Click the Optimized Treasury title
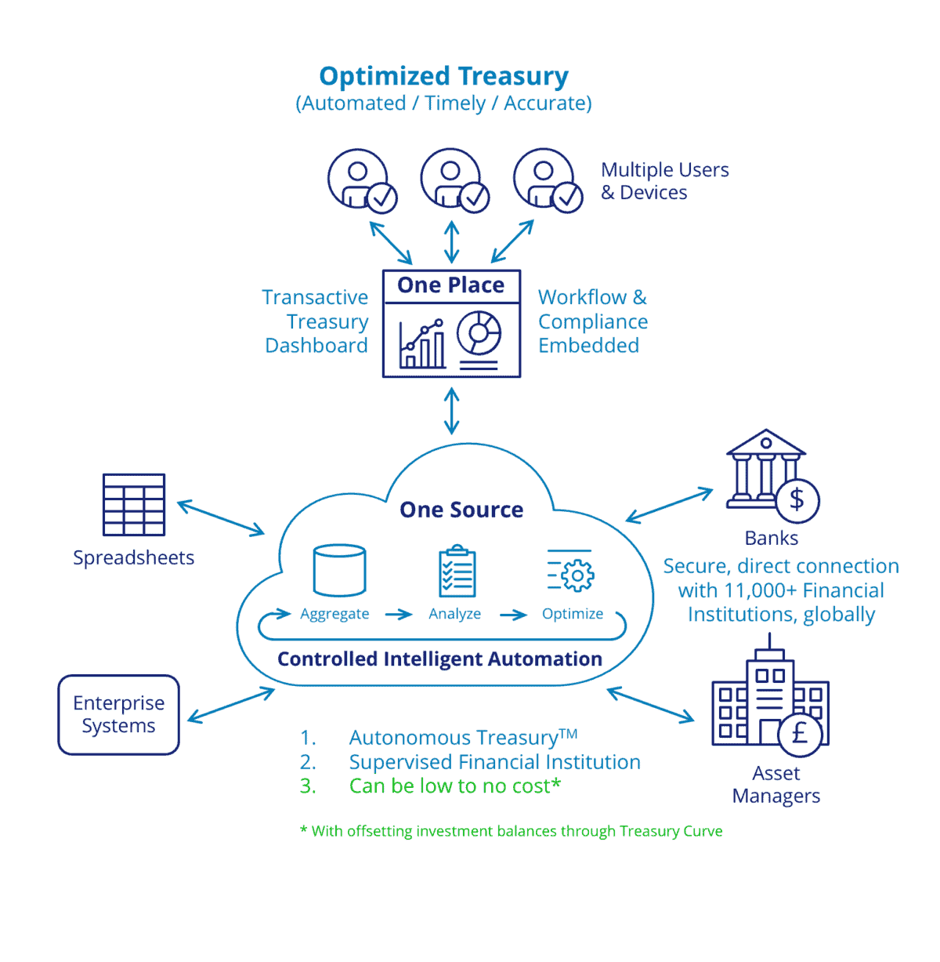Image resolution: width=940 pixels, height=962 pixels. tap(443, 76)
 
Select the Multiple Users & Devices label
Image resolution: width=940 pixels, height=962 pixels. tap(664, 181)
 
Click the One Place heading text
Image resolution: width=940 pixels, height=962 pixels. tap(450, 285)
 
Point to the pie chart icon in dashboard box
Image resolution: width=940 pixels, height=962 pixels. tap(479, 332)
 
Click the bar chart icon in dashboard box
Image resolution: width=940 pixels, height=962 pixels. tap(422, 345)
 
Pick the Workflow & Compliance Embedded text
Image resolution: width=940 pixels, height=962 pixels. tap(592, 321)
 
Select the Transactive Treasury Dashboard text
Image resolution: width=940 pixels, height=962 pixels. tap(316, 321)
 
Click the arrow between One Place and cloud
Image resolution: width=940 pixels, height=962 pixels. tap(452, 411)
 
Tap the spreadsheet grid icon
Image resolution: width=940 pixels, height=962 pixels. tap(134, 505)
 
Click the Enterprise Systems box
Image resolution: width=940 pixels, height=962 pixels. tap(119, 714)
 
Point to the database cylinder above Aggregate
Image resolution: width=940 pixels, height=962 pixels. tap(339, 571)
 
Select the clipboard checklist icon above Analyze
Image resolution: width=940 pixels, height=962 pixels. tap(457, 572)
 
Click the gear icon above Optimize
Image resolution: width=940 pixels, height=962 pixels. tap(577, 575)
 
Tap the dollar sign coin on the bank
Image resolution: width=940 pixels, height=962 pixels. tap(797, 499)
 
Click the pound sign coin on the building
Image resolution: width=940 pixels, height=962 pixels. tap(800, 733)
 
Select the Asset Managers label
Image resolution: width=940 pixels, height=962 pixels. tap(775, 784)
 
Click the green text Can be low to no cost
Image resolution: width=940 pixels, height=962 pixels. tap(454, 786)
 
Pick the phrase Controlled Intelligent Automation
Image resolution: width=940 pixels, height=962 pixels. tap(439, 659)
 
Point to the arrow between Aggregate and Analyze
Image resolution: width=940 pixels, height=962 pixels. tap(399, 614)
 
